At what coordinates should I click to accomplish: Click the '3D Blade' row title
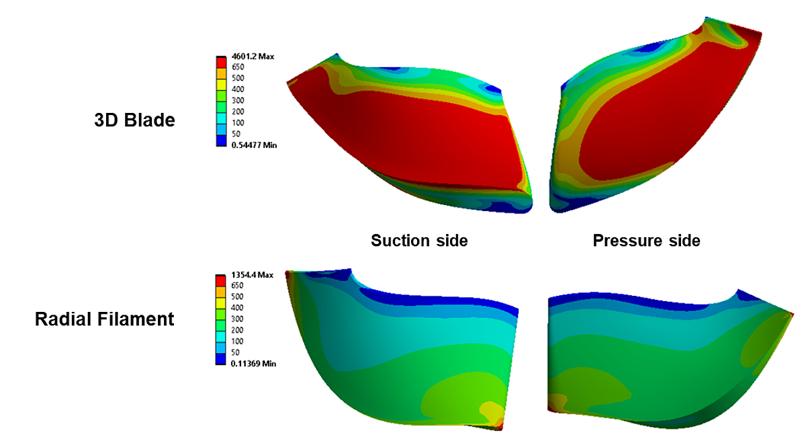tap(134, 121)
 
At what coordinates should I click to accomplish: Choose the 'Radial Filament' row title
tap(105, 319)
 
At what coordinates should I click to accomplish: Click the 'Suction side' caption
tap(419, 240)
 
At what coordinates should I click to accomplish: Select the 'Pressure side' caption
tap(646, 240)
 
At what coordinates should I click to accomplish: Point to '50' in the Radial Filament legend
tap(235, 352)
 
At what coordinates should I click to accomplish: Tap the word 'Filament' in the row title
tap(139, 319)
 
